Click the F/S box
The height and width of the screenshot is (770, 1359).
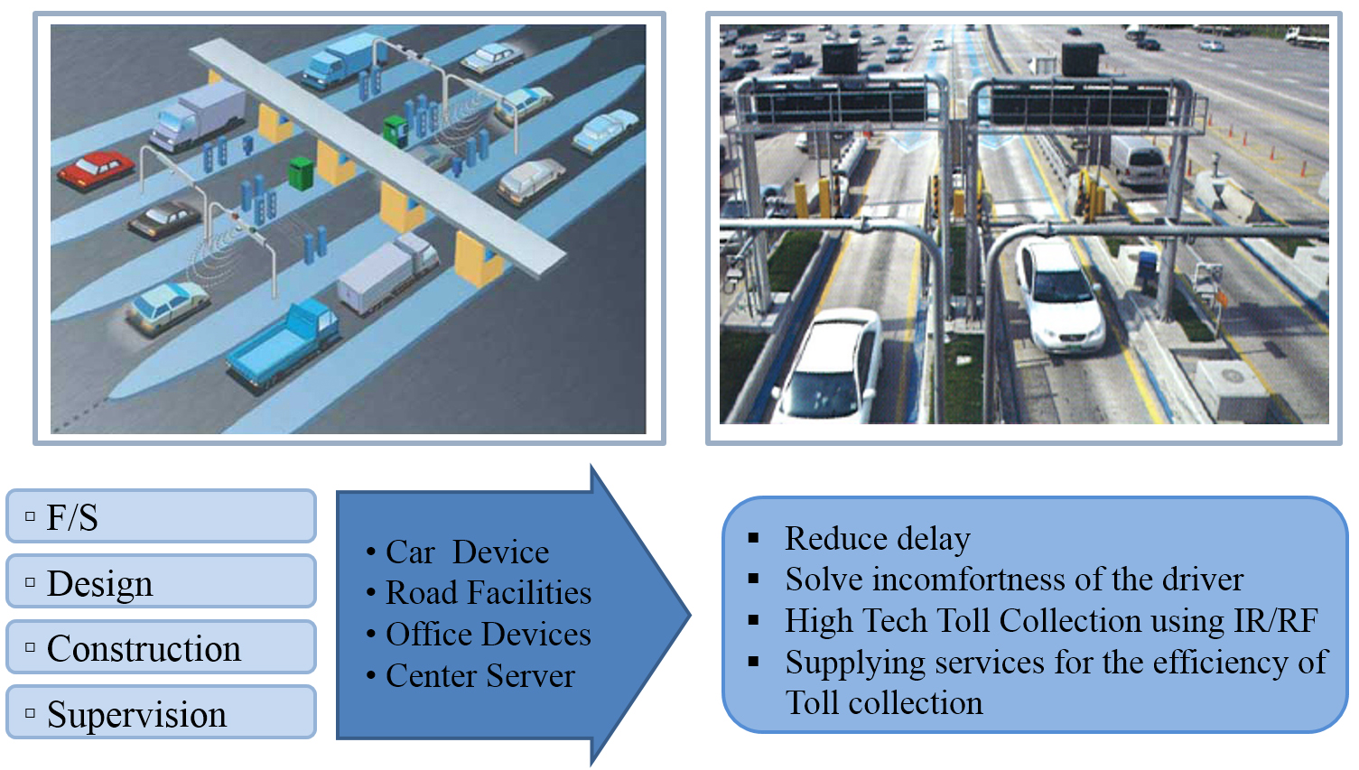point(161,516)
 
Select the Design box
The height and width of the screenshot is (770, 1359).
point(161,582)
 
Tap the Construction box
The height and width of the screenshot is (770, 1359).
point(161,648)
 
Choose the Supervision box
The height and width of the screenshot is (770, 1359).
point(161,713)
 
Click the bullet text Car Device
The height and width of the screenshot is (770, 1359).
point(467,552)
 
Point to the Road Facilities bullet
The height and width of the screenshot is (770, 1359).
point(488,592)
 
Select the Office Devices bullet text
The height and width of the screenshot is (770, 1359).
point(488,634)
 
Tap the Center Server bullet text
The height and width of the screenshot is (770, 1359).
point(479,675)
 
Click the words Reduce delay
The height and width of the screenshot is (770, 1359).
point(877,538)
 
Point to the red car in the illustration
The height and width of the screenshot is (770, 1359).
point(96,169)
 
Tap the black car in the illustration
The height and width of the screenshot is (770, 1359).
point(164,218)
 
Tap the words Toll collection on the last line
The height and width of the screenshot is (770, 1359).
point(884,702)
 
